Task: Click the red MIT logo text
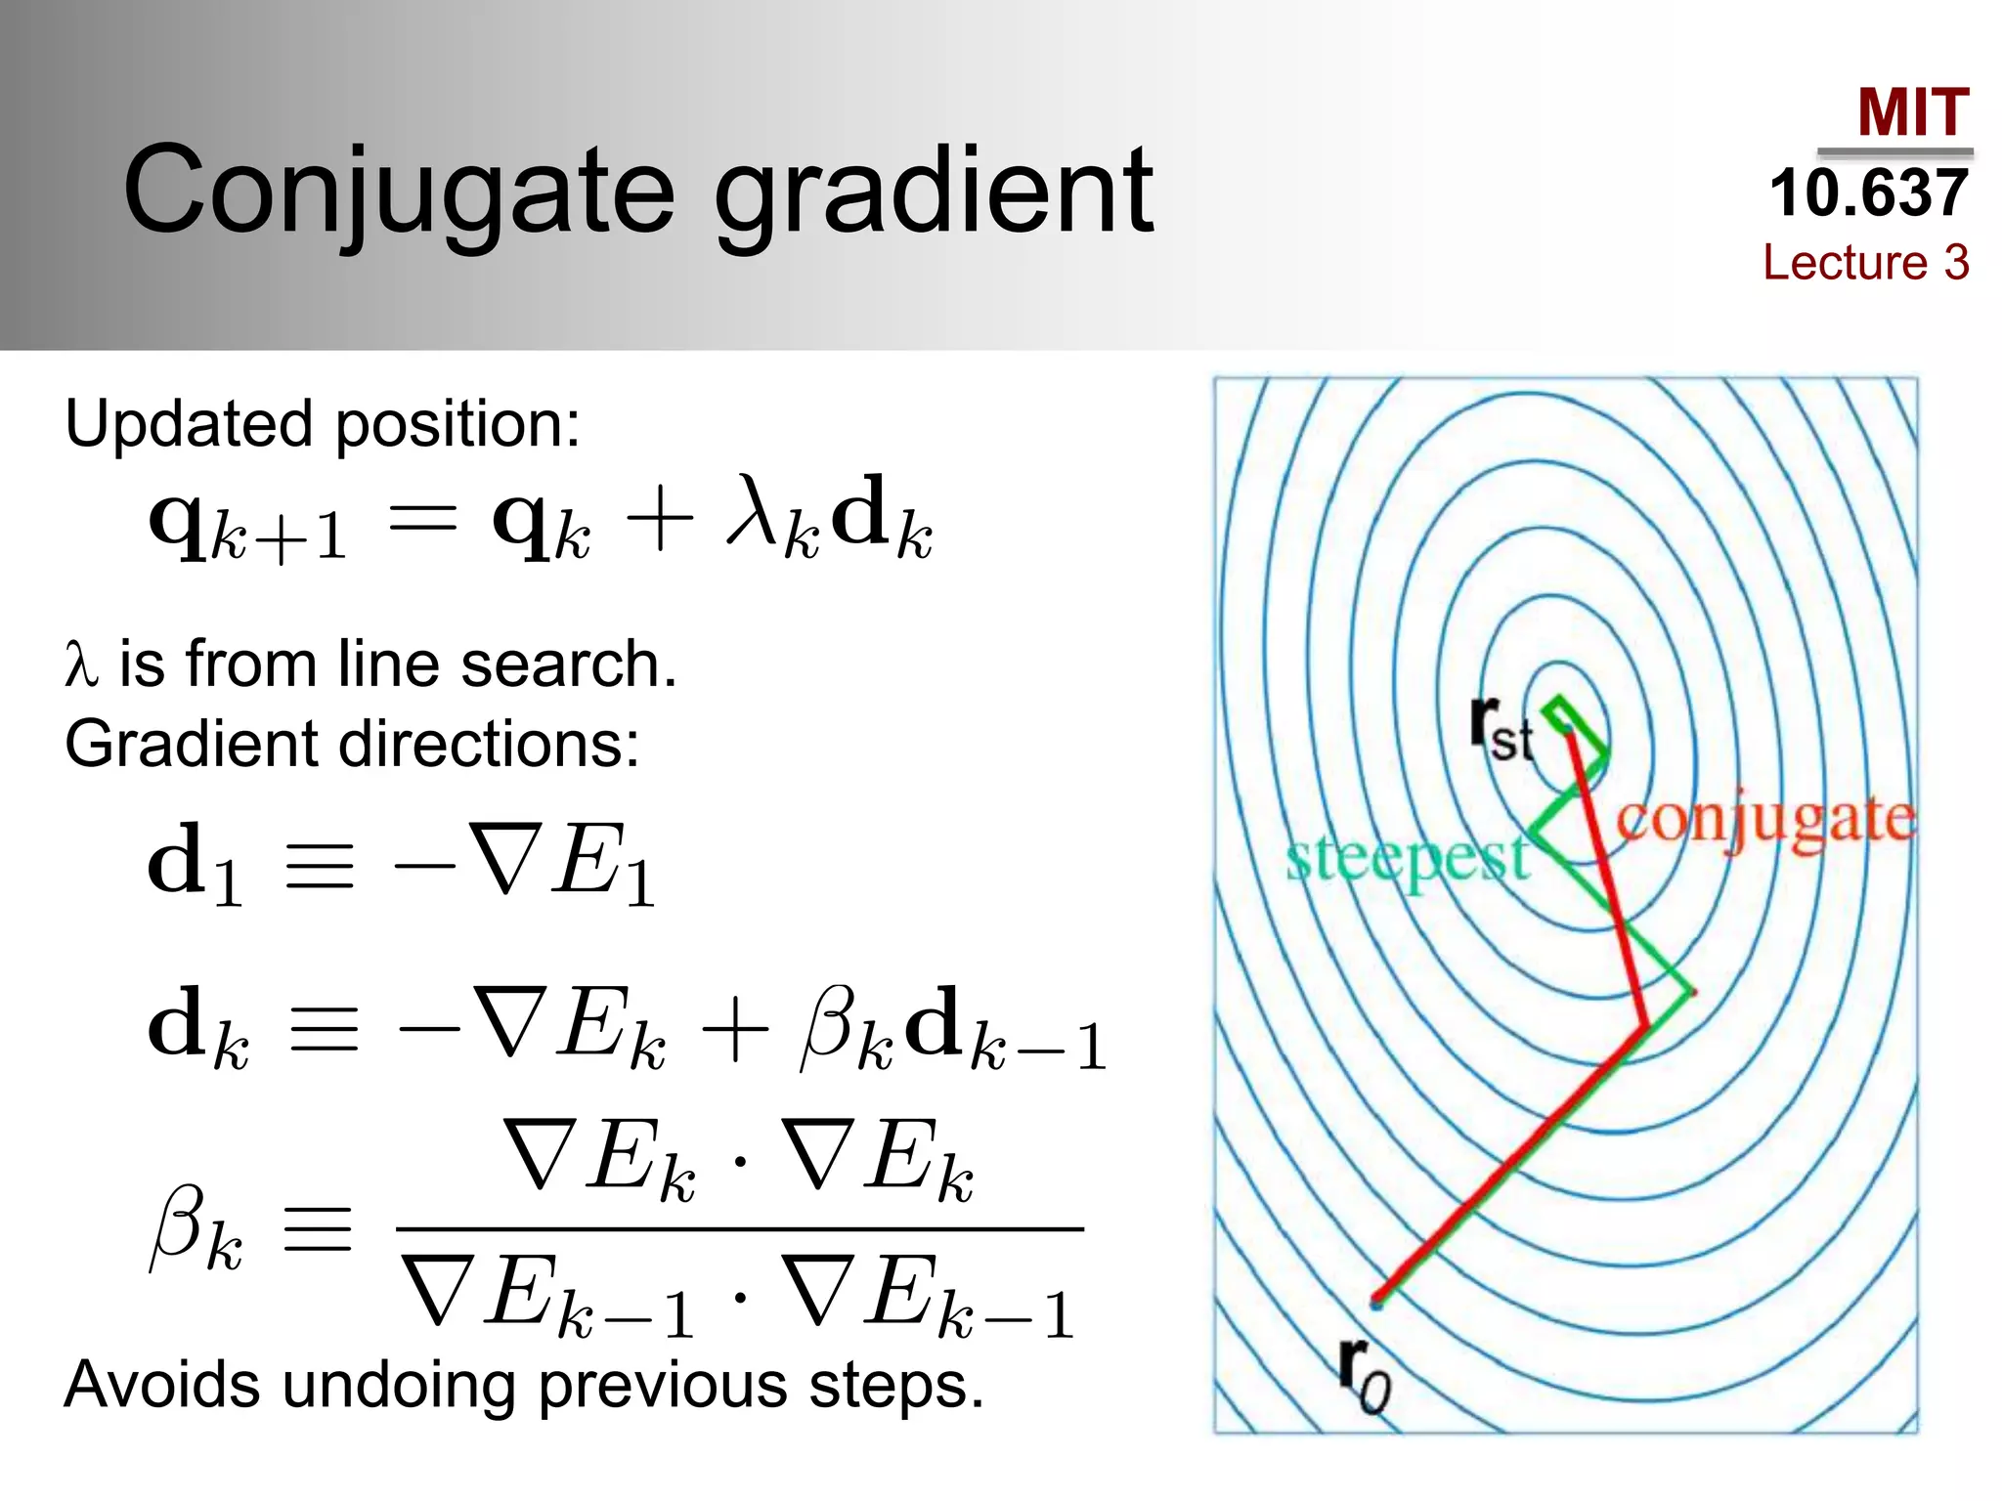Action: click(1912, 113)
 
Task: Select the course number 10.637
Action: click(1868, 193)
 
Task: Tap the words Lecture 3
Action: click(1865, 262)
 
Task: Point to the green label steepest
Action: click(1407, 859)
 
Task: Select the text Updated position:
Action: click(323, 424)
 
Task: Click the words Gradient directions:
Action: click(352, 744)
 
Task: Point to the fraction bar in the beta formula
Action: click(740, 1228)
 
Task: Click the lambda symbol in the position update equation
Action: click(757, 512)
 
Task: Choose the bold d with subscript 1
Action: click(195, 865)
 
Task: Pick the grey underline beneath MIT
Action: click(1894, 152)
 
